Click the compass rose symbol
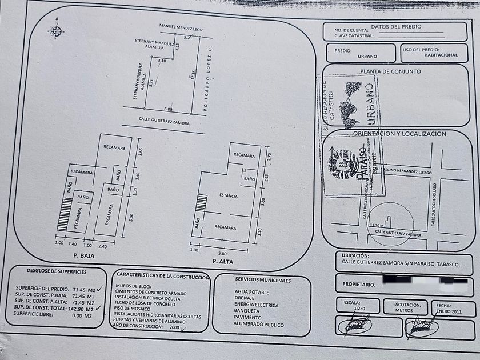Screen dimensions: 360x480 click(x=55, y=31)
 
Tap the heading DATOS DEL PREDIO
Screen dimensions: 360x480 click(x=396, y=26)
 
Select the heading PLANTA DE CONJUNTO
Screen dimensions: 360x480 click(x=390, y=71)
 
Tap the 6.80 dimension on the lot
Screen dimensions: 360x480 click(x=168, y=109)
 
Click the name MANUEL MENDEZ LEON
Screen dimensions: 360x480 click(x=181, y=29)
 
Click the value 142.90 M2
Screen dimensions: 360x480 click(x=81, y=308)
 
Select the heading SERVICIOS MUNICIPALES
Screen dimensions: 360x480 click(x=263, y=280)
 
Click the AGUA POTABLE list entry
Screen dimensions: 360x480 click(x=251, y=291)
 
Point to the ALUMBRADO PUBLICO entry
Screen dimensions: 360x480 click(x=259, y=324)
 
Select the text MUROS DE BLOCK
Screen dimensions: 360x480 click(x=133, y=285)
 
